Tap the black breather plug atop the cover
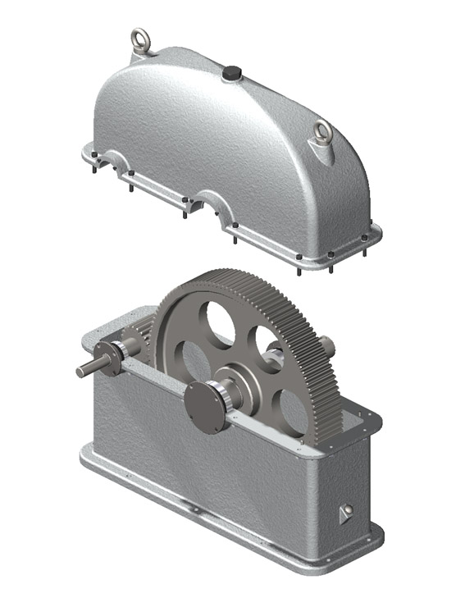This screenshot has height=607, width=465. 231,74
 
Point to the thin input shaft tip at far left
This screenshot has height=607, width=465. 84,372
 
